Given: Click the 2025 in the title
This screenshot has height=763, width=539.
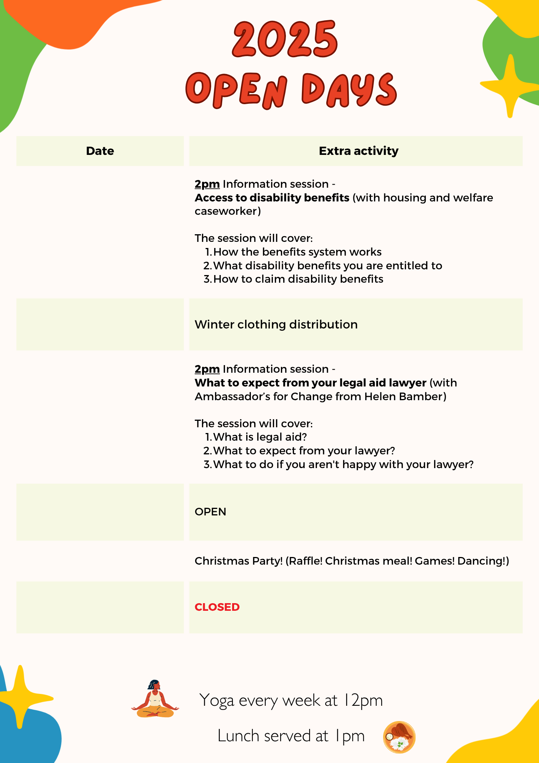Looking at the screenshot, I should click(x=285, y=39).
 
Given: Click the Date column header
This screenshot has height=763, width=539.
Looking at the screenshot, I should click(x=100, y=151).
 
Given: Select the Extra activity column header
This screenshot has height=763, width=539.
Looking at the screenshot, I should click(x=358, y=151).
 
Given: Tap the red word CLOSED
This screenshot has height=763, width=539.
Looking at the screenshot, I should click(x=217, y=607).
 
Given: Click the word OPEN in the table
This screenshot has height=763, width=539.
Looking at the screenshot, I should click(x=210, y=512).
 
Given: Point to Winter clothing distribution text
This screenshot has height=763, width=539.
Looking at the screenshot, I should click(x=276, y=324).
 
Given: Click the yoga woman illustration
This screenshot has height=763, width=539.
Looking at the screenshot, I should click(x=155, y=699).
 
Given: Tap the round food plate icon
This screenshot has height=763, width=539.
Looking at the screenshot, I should click(x=399, y=737).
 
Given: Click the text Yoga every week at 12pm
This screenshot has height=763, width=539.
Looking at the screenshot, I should click(x=291, y=700).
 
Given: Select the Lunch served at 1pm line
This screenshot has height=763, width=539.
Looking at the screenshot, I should click(x=291, y=736).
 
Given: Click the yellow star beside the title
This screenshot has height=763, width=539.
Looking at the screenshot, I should click(x=509, y=86).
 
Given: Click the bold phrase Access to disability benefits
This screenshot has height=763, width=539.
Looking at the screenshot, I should click(x=272, y=198).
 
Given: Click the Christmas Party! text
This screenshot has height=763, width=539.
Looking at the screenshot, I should click(x=239, y=561).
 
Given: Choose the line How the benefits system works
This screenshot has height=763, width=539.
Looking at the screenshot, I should click(x=297, y=252).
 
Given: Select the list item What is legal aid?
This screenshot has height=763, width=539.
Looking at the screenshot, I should click(x=260, y=437).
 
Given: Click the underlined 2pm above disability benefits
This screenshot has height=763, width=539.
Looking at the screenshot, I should click(x=207, y=184).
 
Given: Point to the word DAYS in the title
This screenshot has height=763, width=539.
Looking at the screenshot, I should click(x=349, y=90).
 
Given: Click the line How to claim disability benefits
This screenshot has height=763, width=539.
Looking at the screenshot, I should click(x=298, y=279).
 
